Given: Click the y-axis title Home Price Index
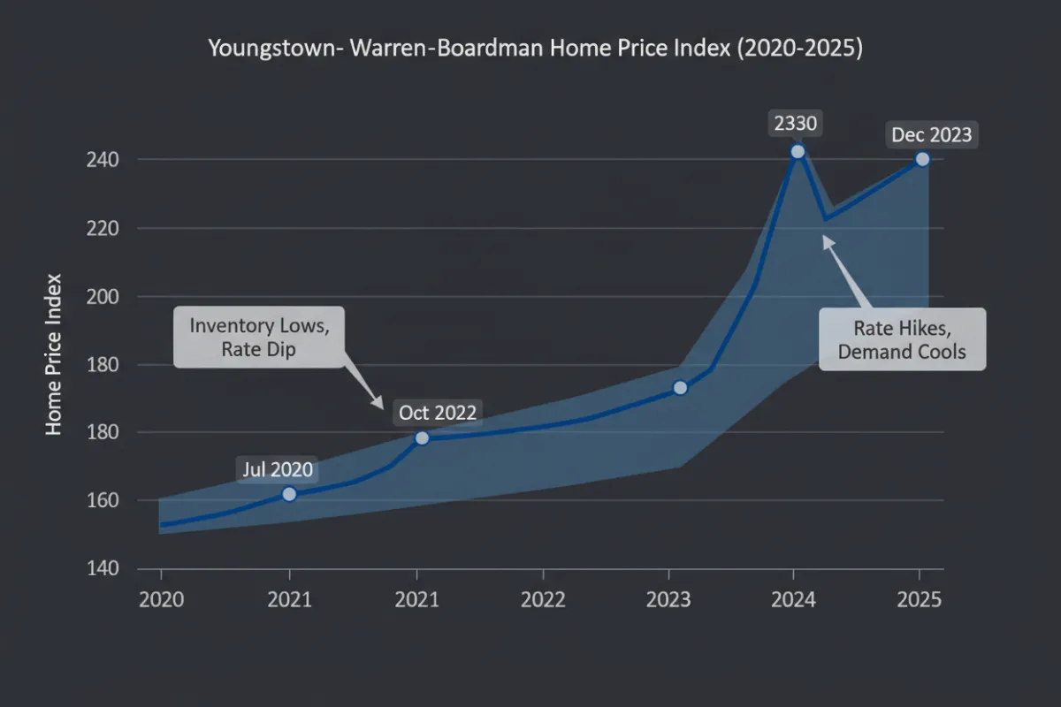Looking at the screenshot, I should coord(54,353).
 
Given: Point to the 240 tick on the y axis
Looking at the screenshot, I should coord(103,160).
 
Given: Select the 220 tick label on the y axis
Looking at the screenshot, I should coord(103,228).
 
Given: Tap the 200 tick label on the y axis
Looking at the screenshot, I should coord(103,297).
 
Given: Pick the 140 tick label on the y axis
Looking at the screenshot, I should coord(103,568).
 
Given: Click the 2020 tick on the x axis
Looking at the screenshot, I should coord(162,599).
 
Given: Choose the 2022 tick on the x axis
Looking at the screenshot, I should coord(542,599).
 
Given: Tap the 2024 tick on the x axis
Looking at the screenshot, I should coord(793,599).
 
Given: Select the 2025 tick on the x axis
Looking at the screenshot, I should coord(920,599).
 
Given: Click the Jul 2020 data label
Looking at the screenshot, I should coord(278,470).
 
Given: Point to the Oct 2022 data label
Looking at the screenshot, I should coord(438,413).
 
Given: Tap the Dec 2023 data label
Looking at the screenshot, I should coord(931,135).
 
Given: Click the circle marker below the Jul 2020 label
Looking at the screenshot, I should coord(289,494).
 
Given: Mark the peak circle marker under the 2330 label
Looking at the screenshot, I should coord(798,151).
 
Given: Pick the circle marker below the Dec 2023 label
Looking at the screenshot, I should coord(922,159).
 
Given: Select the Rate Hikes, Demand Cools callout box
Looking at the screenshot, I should coord(902,339).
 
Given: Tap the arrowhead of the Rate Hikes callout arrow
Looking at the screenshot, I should coord(826,239).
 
